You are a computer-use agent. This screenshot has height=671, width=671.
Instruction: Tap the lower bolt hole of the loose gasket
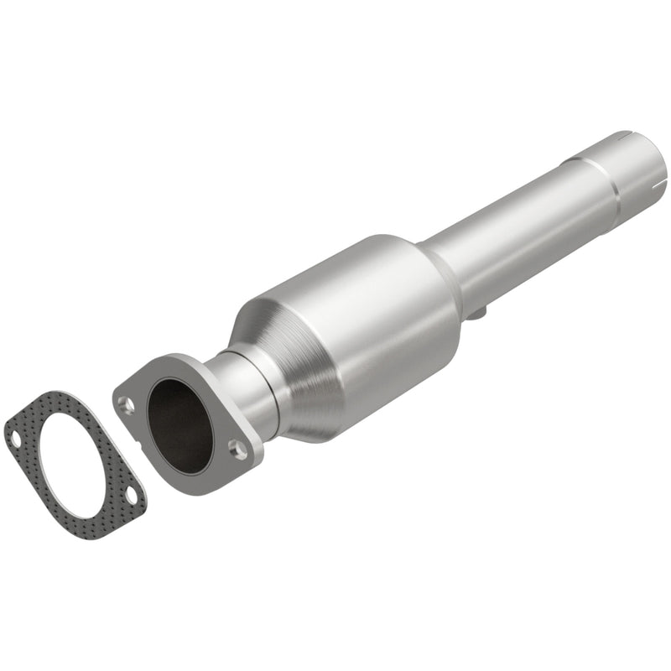[132, 494]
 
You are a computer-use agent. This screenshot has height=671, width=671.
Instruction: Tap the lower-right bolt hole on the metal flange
[239, 450]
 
